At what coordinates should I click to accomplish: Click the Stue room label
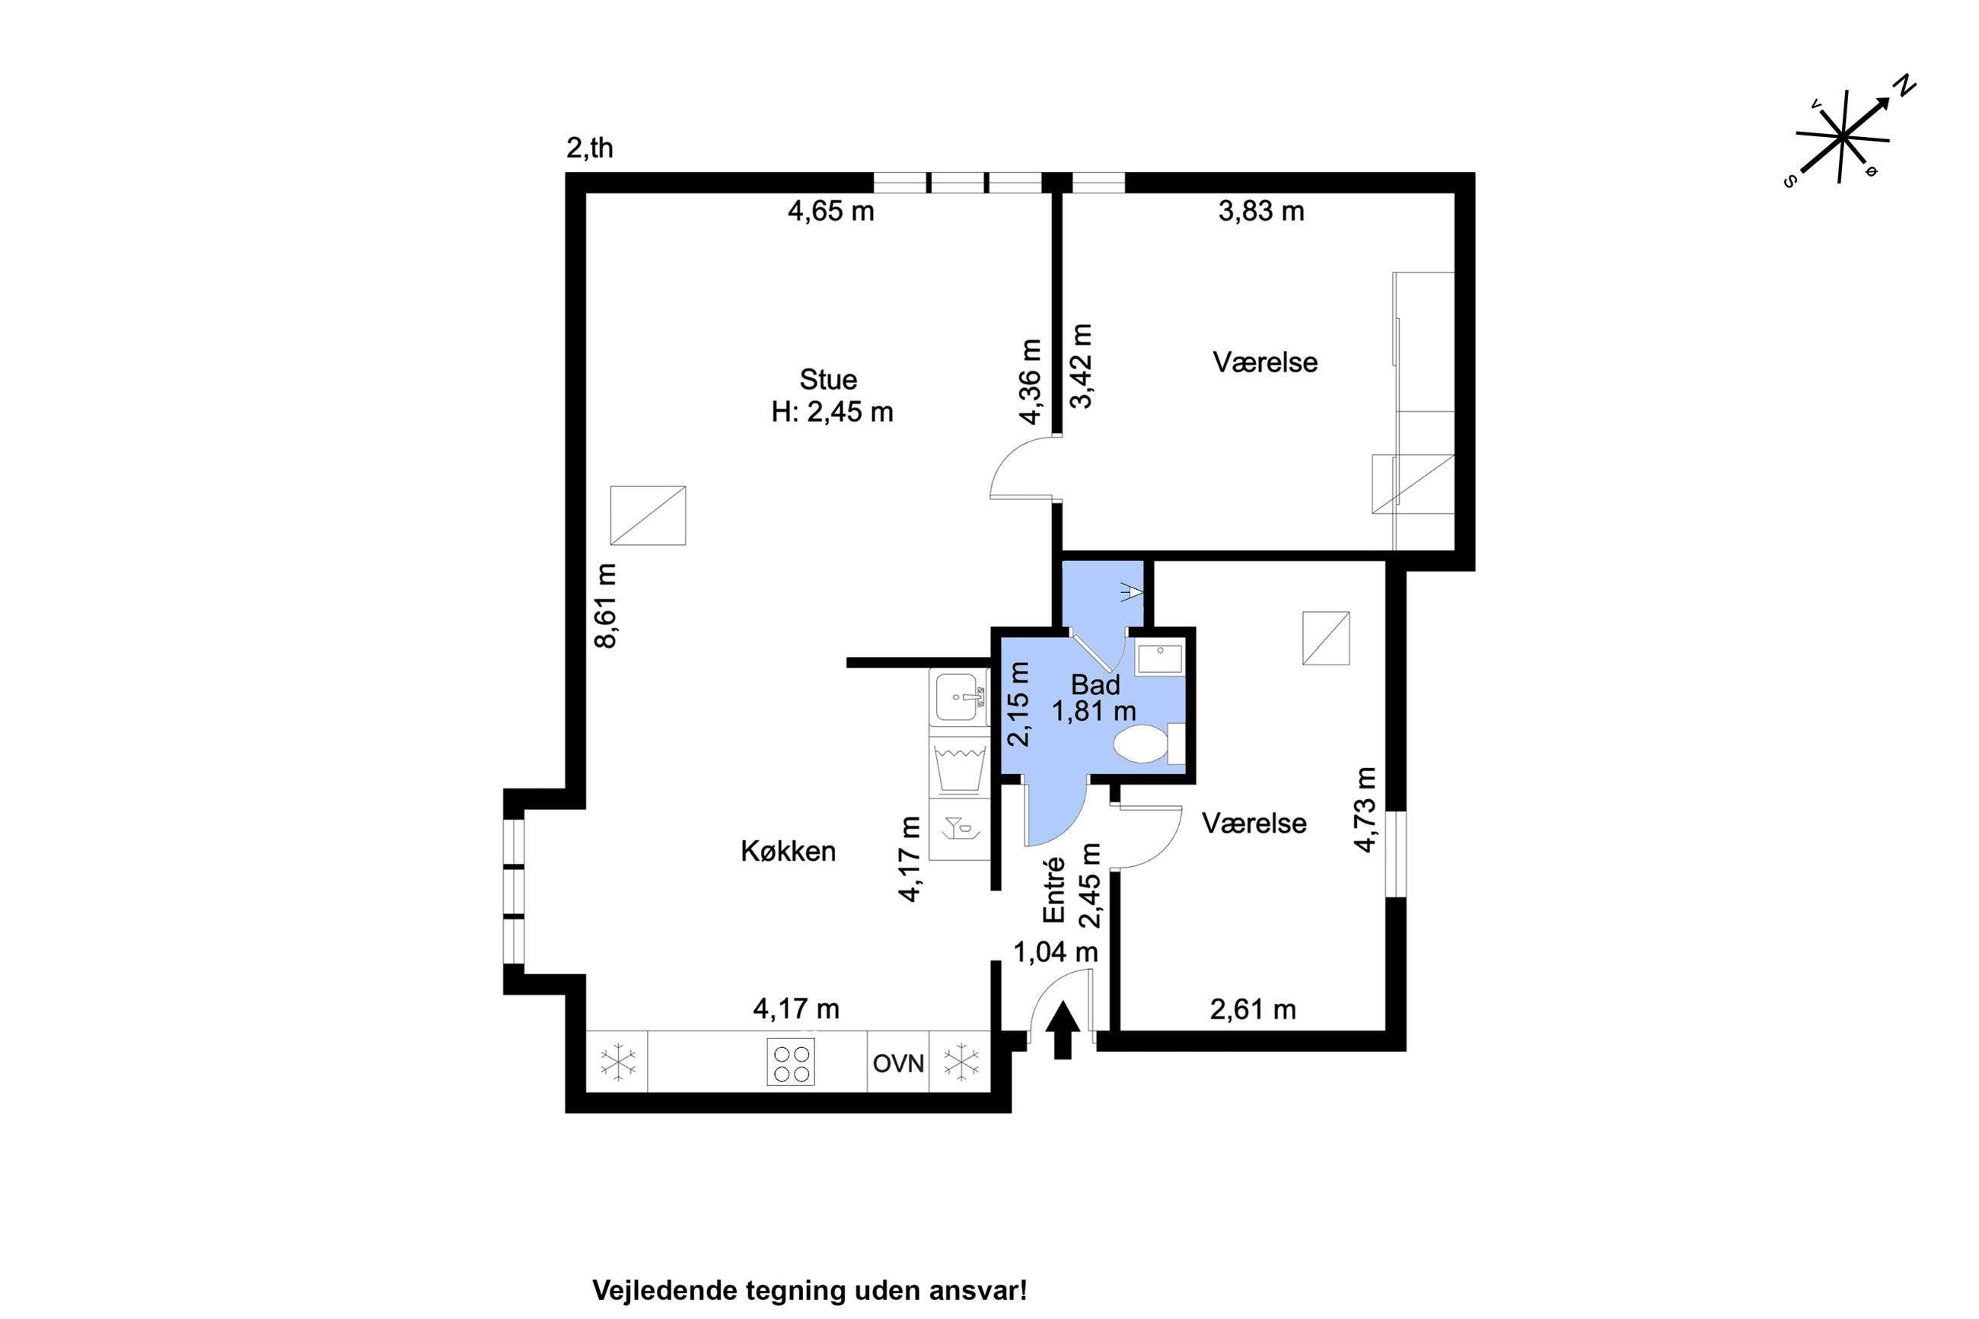[827, 379]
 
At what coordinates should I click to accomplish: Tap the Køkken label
[788, 851]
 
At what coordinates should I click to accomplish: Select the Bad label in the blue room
[1095, 685]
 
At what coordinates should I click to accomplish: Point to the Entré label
[1054, 889]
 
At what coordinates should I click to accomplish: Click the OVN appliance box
[898, 1063]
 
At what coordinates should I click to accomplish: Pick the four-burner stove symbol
[791, 1063]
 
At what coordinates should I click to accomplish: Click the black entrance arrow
[1063, 1030]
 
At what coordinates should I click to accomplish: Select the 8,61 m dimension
[606, 606]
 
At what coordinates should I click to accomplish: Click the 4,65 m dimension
[831, 211]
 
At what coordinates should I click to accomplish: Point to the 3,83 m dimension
[1261, 211]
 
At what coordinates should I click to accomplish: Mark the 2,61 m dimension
[1253, 1009]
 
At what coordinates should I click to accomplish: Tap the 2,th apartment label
[590, 148]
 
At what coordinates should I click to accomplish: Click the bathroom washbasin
[1160, 657]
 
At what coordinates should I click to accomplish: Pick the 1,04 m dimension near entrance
[1056, 952]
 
